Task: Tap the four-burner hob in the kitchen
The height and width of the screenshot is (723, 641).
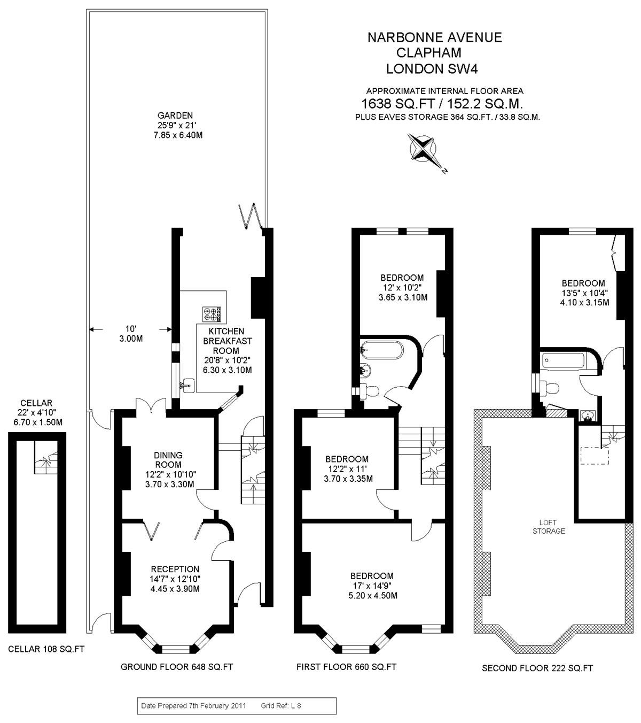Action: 212,314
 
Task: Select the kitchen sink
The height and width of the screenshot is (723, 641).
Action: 188,386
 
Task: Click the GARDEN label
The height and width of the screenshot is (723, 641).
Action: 175,116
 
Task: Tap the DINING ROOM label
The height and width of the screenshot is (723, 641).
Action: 168,460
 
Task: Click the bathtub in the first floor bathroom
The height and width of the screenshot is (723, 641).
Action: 382,350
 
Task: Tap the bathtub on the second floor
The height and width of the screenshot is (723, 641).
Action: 563,361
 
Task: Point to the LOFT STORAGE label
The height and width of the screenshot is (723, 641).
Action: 548,527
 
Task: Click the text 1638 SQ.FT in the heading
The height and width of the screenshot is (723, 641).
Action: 398,104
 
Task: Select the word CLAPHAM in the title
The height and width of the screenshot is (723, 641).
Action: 429,53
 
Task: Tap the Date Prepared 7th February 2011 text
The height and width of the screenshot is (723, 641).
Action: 193,705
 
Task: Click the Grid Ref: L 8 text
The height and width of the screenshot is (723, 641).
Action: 281,705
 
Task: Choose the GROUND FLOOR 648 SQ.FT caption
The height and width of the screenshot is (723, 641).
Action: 176,667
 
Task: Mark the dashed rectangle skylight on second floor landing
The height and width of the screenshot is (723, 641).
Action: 595,456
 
